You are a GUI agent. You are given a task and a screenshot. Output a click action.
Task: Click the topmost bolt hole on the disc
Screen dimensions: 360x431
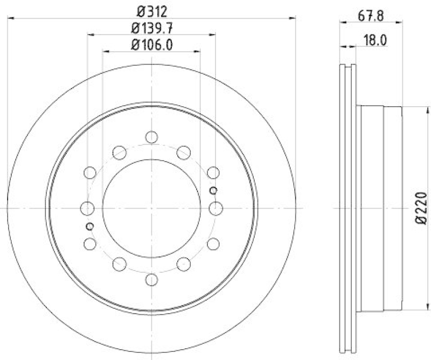[151, 137]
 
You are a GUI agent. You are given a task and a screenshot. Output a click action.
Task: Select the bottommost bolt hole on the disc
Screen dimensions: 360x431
[151, 280]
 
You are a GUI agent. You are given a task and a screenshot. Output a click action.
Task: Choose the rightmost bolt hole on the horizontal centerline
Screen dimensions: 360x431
[216, 208]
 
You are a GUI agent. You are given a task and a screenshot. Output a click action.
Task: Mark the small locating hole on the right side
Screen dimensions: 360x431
[213, 190]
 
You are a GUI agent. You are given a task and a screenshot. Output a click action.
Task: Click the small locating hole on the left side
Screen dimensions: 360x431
[90, 226]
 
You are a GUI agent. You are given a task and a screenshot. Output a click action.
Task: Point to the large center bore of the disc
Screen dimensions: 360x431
[151, 208]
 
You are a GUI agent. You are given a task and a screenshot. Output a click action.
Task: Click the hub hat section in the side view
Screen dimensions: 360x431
[380, 208]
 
